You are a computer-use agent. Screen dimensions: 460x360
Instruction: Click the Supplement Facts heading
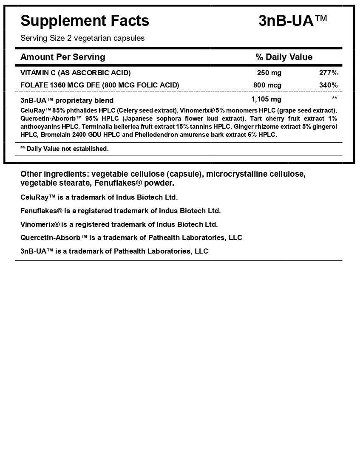(x=85, y=20)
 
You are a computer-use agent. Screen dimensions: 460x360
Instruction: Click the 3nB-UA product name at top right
(x=293, y=20)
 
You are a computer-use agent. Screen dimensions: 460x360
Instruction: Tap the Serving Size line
(x=82, y=38)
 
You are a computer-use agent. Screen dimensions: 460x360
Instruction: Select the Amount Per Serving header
(x=62, y=57)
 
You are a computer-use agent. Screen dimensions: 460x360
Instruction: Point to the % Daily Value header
(x=283, y=57)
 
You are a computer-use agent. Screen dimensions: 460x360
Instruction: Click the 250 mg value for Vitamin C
(x=269, y=73)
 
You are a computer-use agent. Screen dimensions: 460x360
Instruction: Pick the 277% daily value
(x=328, y=73)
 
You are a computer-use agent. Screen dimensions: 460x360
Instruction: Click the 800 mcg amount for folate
(x=267, y=85)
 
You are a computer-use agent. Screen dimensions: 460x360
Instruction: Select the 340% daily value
(x=328, y=85)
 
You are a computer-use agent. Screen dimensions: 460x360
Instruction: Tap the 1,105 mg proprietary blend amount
(x=266, y=99)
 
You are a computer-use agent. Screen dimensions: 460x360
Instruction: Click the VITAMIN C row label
(x=75, y=73)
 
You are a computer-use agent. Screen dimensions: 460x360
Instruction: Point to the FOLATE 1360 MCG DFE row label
(x=99, y=85)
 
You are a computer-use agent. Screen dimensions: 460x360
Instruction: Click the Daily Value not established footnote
(x=65, y=149)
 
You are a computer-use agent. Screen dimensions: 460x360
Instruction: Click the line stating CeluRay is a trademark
(x=99, y=198)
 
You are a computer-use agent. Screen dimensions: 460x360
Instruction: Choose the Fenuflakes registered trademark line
(x=120, y=211)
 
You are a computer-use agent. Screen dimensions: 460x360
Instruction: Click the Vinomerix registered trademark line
(x=119, y=224)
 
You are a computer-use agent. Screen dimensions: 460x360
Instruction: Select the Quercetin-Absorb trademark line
(x=131, y=237)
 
